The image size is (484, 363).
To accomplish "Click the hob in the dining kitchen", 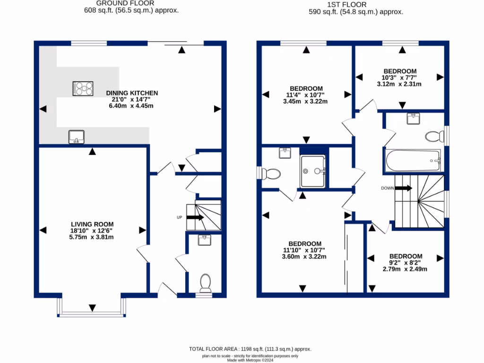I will point(82,88).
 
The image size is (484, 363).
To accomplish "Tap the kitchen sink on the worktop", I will point(76,137).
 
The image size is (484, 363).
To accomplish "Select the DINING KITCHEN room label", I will point(131,93).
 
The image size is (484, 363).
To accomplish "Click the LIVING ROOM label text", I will point(92,224).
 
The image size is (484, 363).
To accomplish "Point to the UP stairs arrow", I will point(195,217).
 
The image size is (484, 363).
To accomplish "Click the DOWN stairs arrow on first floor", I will point(403,188).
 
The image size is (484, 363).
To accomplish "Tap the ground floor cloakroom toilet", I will point(205,283).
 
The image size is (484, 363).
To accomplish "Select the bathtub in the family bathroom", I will point(413,161).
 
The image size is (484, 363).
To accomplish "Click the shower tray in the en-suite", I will point(312,171).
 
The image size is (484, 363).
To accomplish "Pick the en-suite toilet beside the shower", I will point(272,173).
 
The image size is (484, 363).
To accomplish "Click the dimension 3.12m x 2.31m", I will point(399,84).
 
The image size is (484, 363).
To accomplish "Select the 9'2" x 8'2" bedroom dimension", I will point(398,263).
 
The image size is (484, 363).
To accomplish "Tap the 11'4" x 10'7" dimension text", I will point(306,95).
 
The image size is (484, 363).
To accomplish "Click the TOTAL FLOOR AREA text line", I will point(250,349).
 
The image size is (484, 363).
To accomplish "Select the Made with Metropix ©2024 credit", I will point(250,360).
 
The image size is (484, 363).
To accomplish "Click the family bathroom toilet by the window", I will point(434,137).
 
